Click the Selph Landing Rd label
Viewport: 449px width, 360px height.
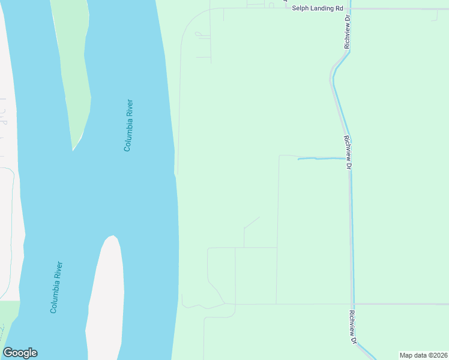point(317,8)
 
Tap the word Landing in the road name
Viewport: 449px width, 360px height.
point(320,8)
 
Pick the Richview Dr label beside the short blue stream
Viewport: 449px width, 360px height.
point(347,152)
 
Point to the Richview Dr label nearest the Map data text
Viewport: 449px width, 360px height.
point(353,327)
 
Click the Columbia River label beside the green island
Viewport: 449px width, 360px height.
point(128,125)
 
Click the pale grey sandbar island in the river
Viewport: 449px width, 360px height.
point(106,300)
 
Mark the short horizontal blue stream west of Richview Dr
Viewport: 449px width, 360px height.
point(321,158)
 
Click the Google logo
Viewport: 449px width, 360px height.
point(20,353)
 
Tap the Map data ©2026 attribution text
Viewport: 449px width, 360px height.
point(423,355)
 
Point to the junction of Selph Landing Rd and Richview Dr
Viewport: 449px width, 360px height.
point(351,9)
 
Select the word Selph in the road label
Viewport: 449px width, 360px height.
point(300,8)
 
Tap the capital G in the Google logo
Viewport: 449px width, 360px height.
point(7,353)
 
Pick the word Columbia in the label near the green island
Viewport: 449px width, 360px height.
point(127,133)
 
